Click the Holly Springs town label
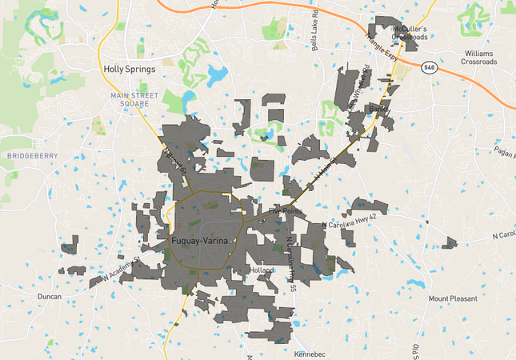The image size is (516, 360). click(x=129, y=69)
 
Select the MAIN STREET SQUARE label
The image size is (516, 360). click(x=130, y=99)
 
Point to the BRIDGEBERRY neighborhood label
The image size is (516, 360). click(x=29, y=154)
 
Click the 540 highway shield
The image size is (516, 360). click(x=430, y=66)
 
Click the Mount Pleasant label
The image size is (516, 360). click(x=452, y=298)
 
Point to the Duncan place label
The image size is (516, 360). click(x=50, y=296)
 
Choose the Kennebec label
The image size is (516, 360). click(x=310, y=352)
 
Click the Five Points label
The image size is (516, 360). click(x=287, y=211)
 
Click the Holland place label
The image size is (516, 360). click(x=262, y=271)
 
